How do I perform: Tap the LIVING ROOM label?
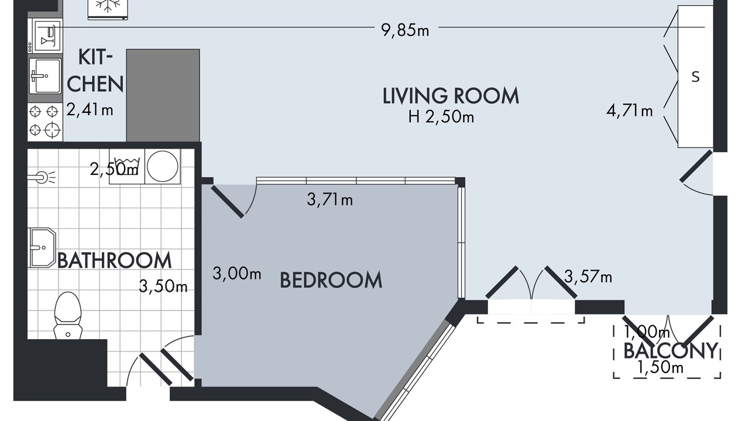(451, 96)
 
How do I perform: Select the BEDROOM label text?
(331, 280)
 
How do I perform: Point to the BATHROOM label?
(115, 260)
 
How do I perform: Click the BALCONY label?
(671, 351)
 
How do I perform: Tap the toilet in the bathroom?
(68, 315)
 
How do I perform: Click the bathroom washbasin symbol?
(43, 247)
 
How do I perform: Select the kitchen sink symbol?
(45, 76)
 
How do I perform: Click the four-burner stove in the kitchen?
(45, 121)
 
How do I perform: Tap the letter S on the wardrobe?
(696, 77)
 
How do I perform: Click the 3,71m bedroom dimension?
(329, 200)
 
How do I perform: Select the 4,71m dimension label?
(629, 111)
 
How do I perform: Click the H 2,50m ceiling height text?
(441, 117)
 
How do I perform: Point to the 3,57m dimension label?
(588, 277)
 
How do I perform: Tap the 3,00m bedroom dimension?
(237, 274)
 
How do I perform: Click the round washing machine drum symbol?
(163, 166)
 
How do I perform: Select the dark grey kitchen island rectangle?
(163, 95)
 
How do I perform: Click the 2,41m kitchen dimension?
(90, 109)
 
